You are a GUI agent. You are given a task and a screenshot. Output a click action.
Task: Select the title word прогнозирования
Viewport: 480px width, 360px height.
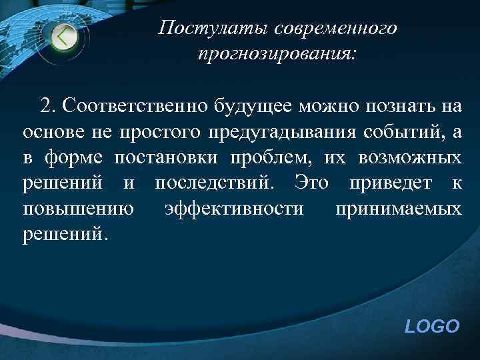point(277,55)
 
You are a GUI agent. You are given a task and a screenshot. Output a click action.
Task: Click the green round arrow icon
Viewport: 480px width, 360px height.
point(64,36)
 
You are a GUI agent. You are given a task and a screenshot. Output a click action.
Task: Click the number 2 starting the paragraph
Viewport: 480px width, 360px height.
point(45,105)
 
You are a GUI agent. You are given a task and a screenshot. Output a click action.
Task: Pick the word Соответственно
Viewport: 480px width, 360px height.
point(133,105)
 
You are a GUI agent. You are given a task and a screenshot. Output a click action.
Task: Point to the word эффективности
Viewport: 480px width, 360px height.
point(234,209)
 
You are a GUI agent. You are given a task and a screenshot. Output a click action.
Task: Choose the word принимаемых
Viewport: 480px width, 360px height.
point(398,209)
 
